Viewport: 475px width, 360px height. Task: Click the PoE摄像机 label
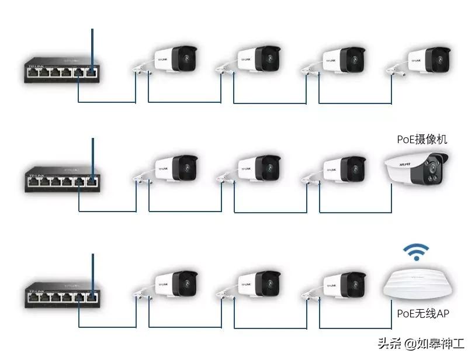pos(422,139)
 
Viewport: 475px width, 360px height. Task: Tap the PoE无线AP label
pos(423,314)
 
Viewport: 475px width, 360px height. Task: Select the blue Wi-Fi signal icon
pos(415,252)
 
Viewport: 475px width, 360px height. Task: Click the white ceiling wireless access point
pos(416,283)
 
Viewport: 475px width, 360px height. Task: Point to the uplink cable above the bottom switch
pos(92,272)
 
